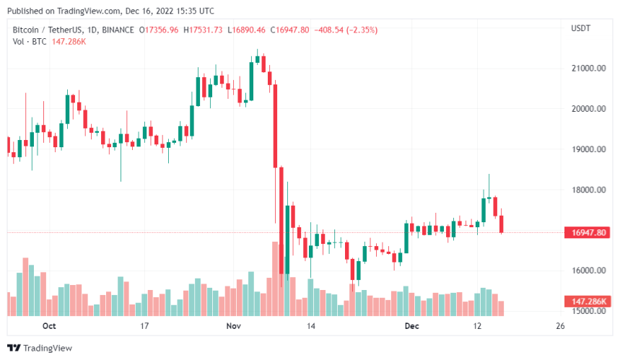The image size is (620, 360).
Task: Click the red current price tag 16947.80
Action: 588,232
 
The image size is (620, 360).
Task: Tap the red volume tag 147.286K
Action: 588,300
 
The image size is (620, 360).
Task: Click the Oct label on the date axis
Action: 49,326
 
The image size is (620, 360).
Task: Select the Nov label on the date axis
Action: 232,326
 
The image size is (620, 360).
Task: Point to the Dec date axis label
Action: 410,326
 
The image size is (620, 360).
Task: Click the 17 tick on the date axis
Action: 144,326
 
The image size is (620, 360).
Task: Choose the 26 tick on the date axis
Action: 560,326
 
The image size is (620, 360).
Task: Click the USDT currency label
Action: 581,29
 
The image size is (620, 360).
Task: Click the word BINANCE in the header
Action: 119,30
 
